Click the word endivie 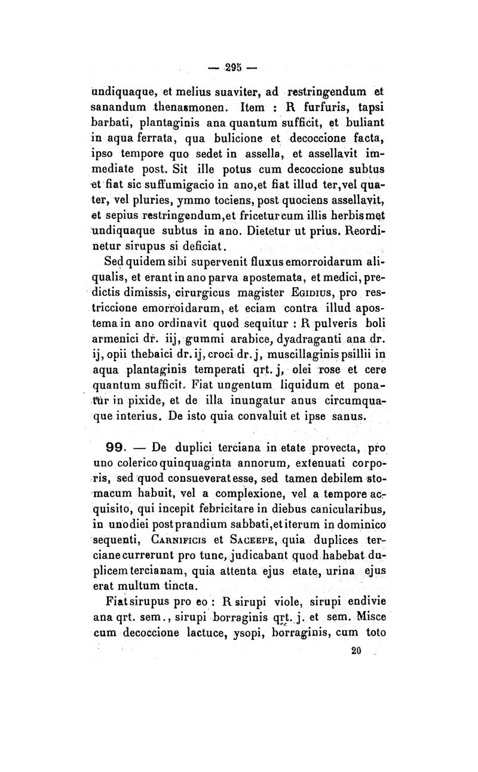tap(358, 602)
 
